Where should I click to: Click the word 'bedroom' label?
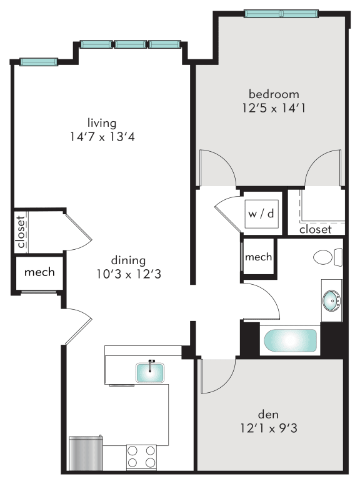[x=274, y=94]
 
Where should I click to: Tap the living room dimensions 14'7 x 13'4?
[x=102, y=137]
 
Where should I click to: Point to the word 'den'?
[x=269, y=414]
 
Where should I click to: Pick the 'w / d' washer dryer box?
[x=261, y=214]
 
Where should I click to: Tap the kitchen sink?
[x=151, y=371]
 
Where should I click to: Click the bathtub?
[x=290, y=342]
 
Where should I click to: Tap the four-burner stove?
[x=141, y=457]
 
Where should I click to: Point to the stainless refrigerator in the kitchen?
[x=85, y=453]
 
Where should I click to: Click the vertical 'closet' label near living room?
[x=21, y=232]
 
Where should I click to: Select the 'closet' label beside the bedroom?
[x=315, y=230]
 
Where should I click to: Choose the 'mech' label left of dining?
[x=39, y=272]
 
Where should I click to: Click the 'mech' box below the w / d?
[x=258, y=257]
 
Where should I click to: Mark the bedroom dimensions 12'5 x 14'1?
[x=274, y=108]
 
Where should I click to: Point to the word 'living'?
[x=102, y=123]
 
